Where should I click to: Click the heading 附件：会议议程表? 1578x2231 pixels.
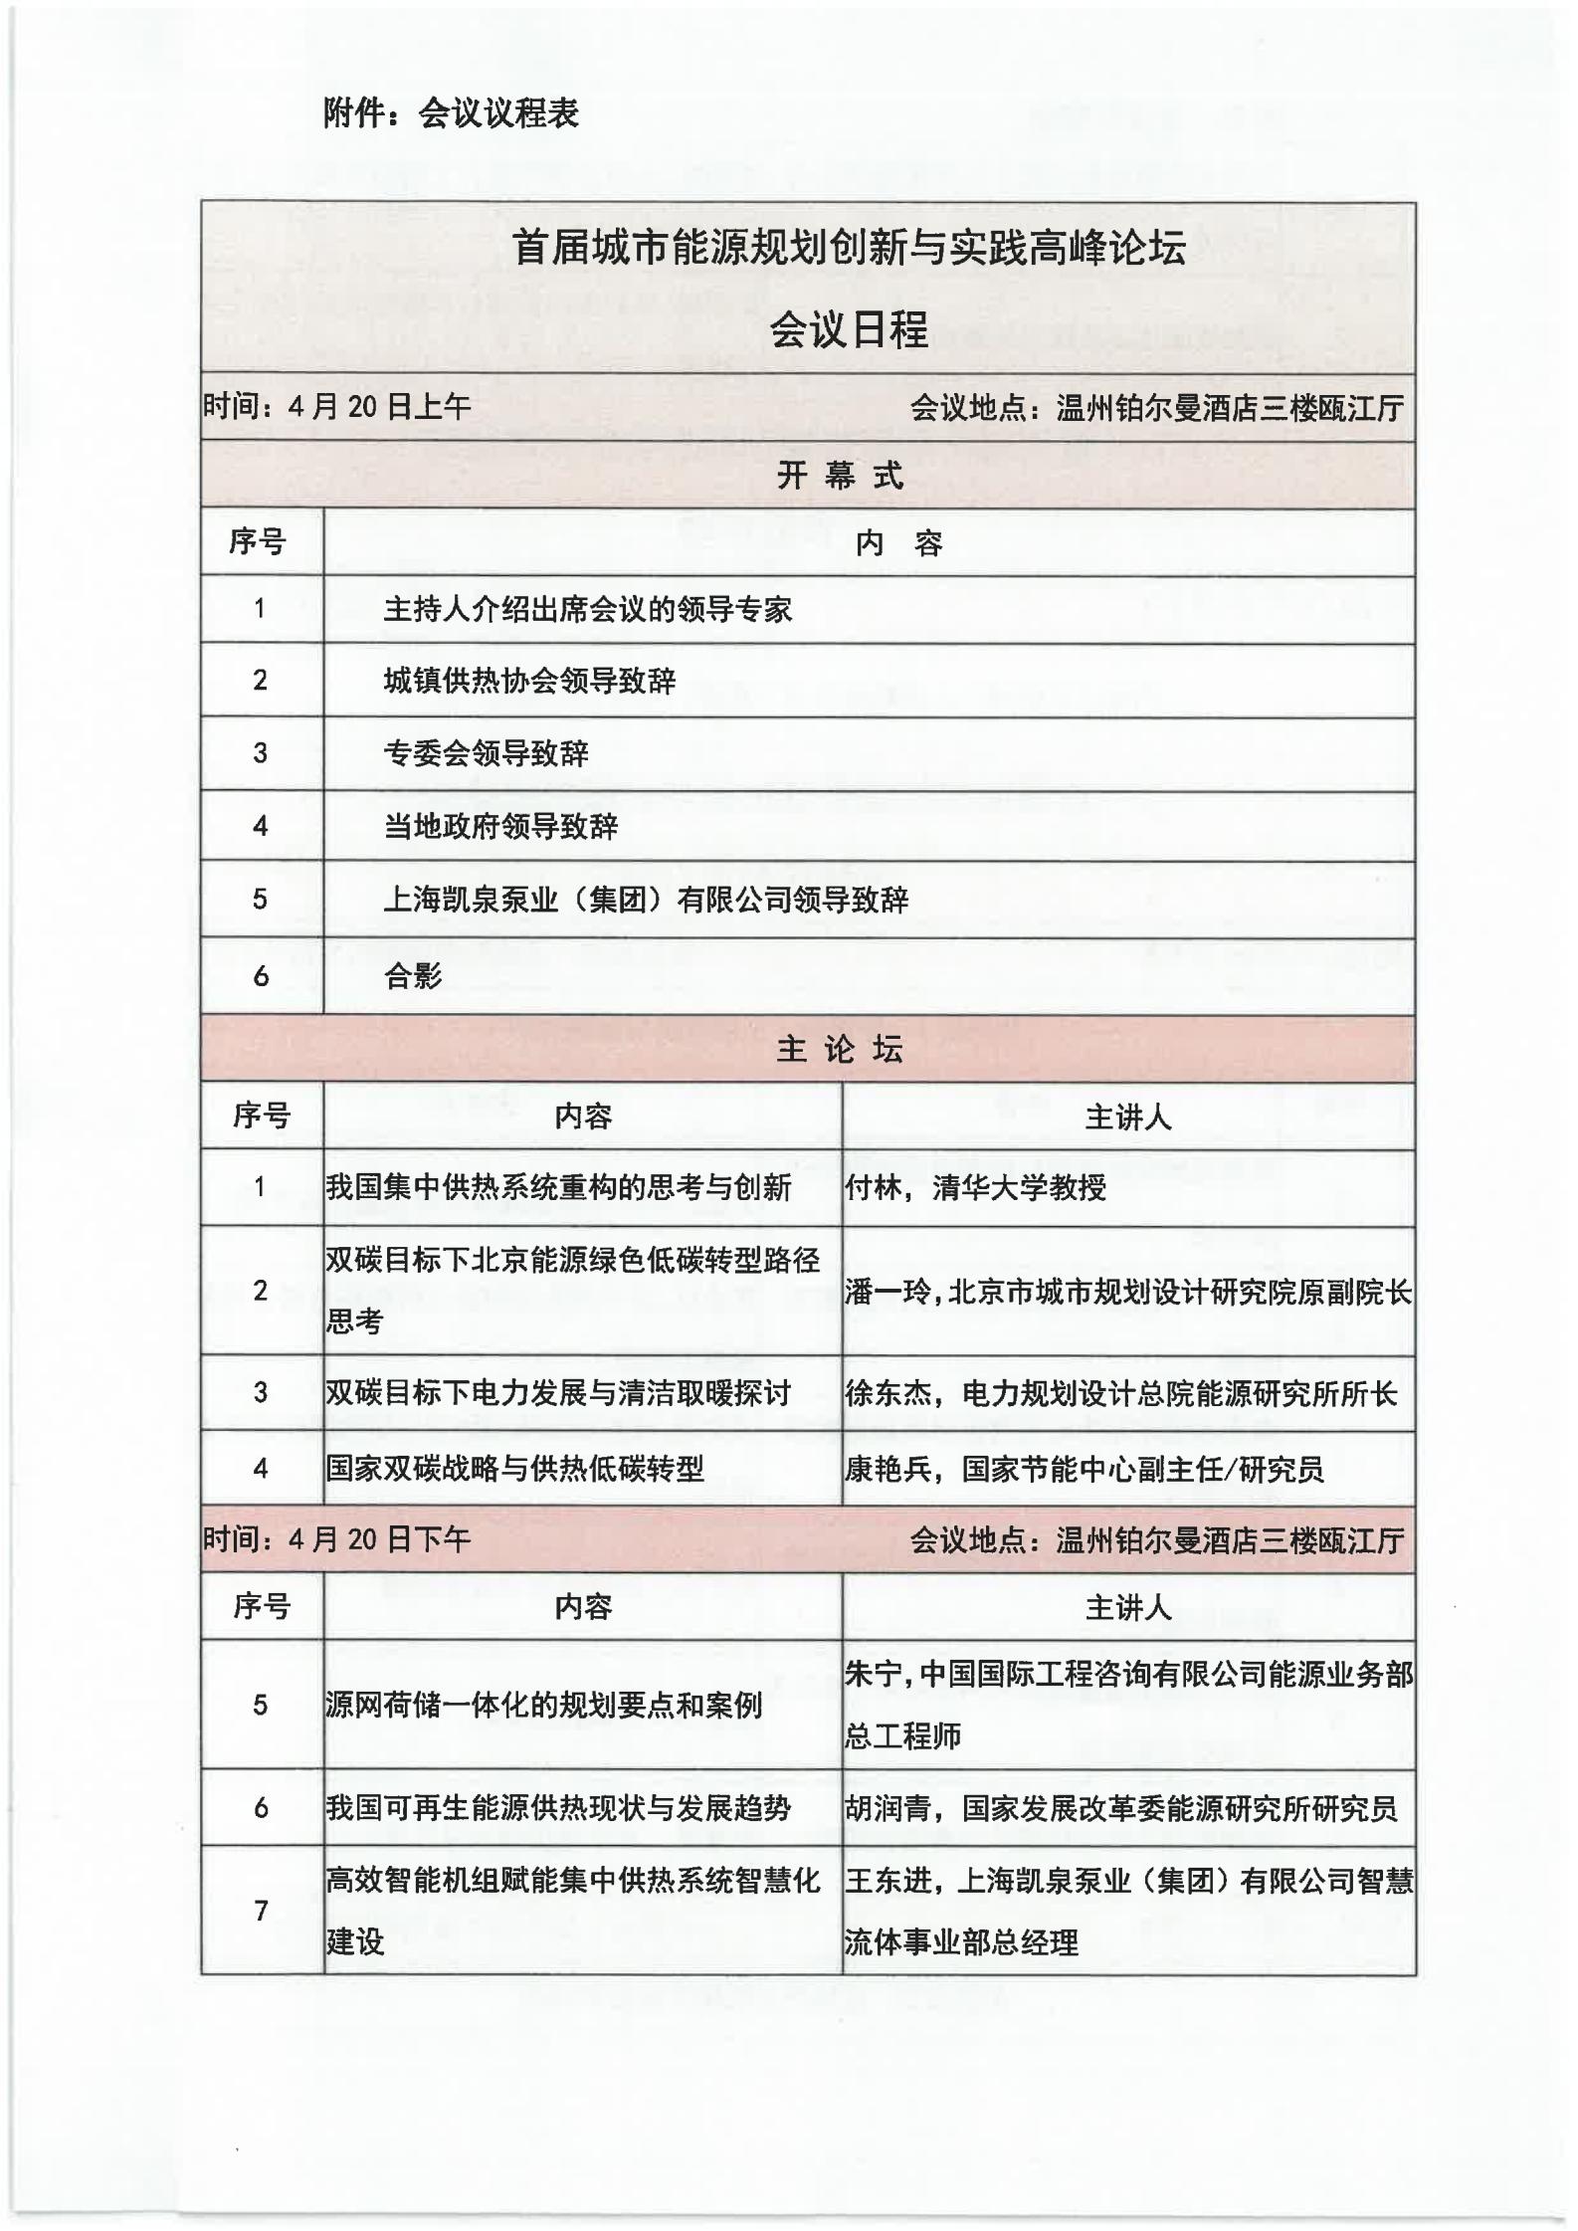[x=451, y=113]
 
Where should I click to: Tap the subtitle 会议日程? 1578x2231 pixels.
[x=849, y=329]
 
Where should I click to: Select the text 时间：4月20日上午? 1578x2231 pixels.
[x=337, y=407]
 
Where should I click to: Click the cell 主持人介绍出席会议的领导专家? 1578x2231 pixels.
[x=587, y=609]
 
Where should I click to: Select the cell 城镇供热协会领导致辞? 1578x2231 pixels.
[x=529, y=681]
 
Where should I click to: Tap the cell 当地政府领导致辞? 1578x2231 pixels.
[x=500, y=826]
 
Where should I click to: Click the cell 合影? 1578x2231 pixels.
[x=413, y=976]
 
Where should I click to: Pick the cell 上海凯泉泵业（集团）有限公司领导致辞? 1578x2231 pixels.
[x=646, y=900]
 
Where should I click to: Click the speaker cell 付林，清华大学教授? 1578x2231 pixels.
[x=975, y=1187]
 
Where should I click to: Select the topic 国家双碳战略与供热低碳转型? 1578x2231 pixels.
[x=514, y=1469]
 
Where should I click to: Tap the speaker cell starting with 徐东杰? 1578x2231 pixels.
[x=1121, y=1393]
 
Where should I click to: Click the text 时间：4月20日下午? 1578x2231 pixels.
[x=337, y=1539]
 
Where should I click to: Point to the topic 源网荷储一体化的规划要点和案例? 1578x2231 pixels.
[x=543, y=1706]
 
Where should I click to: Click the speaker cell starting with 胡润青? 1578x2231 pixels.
[x=1121, y=1808]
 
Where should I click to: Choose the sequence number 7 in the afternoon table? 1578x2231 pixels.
[x=261, y=1911]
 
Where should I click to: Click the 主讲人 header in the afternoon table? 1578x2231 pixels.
[x=1127, y=1607]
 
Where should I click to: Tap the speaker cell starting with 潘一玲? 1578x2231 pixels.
[x=1127, y=1293]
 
